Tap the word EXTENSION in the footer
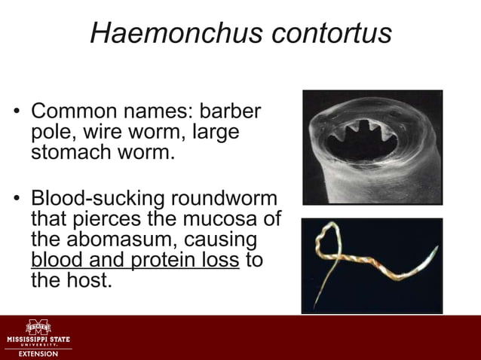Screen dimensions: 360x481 [37, 353]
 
